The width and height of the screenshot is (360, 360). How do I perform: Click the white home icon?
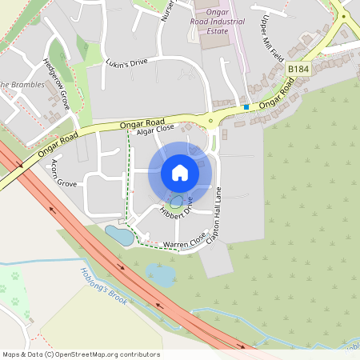(x=180, y=173)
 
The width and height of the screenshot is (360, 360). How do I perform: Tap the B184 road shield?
(x=298, y=70)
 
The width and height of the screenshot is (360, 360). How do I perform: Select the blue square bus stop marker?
(x=246, y=106)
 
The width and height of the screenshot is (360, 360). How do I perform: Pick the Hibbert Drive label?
(x=177, y=209)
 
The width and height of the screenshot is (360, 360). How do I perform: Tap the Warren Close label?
(x=181, y=241)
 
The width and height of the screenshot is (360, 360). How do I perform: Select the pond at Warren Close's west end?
(x=120, y=235)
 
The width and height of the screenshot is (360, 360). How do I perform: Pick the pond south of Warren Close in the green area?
(x=161, y=276)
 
